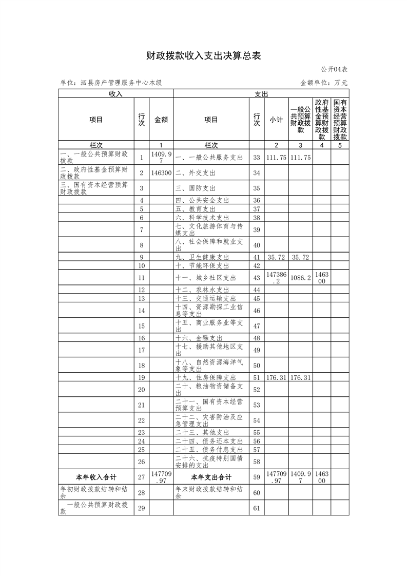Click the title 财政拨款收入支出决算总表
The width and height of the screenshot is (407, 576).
[203, 56]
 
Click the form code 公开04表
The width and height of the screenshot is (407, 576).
[334, 69]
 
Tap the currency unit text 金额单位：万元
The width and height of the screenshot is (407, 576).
[324, 83]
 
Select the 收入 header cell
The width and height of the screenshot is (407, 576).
[115, 93]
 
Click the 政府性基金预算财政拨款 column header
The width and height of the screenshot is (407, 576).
[322, 120]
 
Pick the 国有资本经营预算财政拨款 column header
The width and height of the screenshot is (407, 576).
[340, 120]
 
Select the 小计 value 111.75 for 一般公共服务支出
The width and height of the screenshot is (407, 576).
[276, 158]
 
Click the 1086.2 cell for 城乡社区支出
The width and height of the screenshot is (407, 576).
[301, 278]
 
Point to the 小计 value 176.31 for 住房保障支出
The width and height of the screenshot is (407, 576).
[276, 377]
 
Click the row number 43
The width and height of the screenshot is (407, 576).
[257, 278]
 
